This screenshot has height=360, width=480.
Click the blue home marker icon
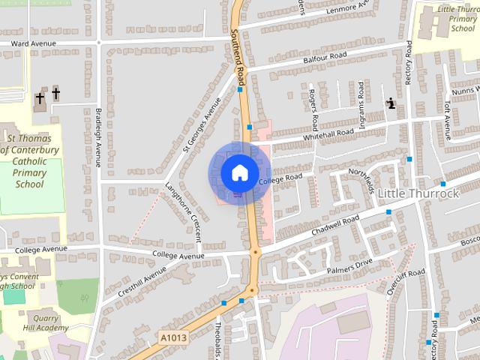pos(239,173)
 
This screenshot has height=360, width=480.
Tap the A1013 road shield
pos(173,339)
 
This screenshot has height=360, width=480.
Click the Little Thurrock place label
pos(418,193)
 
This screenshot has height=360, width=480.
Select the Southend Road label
pos(238,55)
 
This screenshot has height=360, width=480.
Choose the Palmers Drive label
pos(349,266)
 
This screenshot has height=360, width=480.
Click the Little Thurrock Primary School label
pos(457,18)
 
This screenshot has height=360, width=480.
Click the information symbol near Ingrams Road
pos(391,104)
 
